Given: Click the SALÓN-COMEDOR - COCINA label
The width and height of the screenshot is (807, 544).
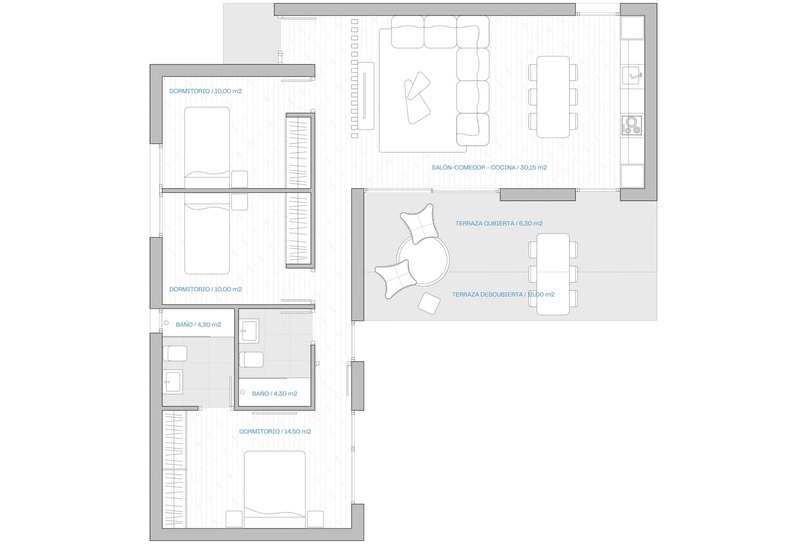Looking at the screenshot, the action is click(x=474, y=168).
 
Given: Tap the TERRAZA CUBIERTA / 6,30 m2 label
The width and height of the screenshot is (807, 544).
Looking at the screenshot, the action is click(x=499, y=223).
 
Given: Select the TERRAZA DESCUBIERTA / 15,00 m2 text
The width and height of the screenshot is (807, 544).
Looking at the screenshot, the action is click(x=503, y=295).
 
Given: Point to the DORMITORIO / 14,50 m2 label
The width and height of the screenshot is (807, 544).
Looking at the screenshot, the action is click(x=275, y=431).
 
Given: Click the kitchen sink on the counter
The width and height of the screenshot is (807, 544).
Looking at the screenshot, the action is click(x=631, y=75).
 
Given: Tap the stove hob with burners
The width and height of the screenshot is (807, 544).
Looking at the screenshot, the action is click(x=631, y=125).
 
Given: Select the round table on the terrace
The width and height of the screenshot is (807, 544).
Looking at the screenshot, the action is click(x=423, y=260).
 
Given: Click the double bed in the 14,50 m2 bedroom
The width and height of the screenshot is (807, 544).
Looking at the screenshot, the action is click(x=275, y=489).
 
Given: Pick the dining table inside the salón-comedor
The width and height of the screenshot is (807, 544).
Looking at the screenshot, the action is click(x=553, y=96).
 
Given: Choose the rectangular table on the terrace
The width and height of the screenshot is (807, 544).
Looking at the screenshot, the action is click(x=553, y=274).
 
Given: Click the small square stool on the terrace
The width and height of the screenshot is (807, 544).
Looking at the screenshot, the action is click(x=429, y=303).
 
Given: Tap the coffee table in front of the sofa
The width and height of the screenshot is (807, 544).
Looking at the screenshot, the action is click(x=418, y=98).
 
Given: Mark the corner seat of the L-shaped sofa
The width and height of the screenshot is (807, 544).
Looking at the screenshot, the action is click(x=473, y=32).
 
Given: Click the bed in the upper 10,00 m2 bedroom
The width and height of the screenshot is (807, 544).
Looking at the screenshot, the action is click(x=207, y=148).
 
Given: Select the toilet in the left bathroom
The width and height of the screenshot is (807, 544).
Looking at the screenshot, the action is click(x=175, y=353).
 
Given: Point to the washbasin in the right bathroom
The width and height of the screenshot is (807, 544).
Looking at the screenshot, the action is click(x=249, y=330).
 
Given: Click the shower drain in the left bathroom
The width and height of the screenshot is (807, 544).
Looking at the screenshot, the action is click(x=167, y=323).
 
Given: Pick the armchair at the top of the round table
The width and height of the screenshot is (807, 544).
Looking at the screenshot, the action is click(x=420, y=223).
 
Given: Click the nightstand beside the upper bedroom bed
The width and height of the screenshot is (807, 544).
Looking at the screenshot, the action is click(x=239, y=179).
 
